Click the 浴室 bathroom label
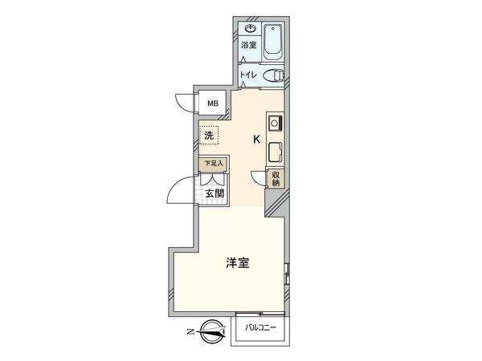249,45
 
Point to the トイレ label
248,75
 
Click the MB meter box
214,103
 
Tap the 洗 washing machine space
209,136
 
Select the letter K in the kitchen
256,139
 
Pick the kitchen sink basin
273,152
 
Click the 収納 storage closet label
275,179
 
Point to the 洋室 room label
236,263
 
